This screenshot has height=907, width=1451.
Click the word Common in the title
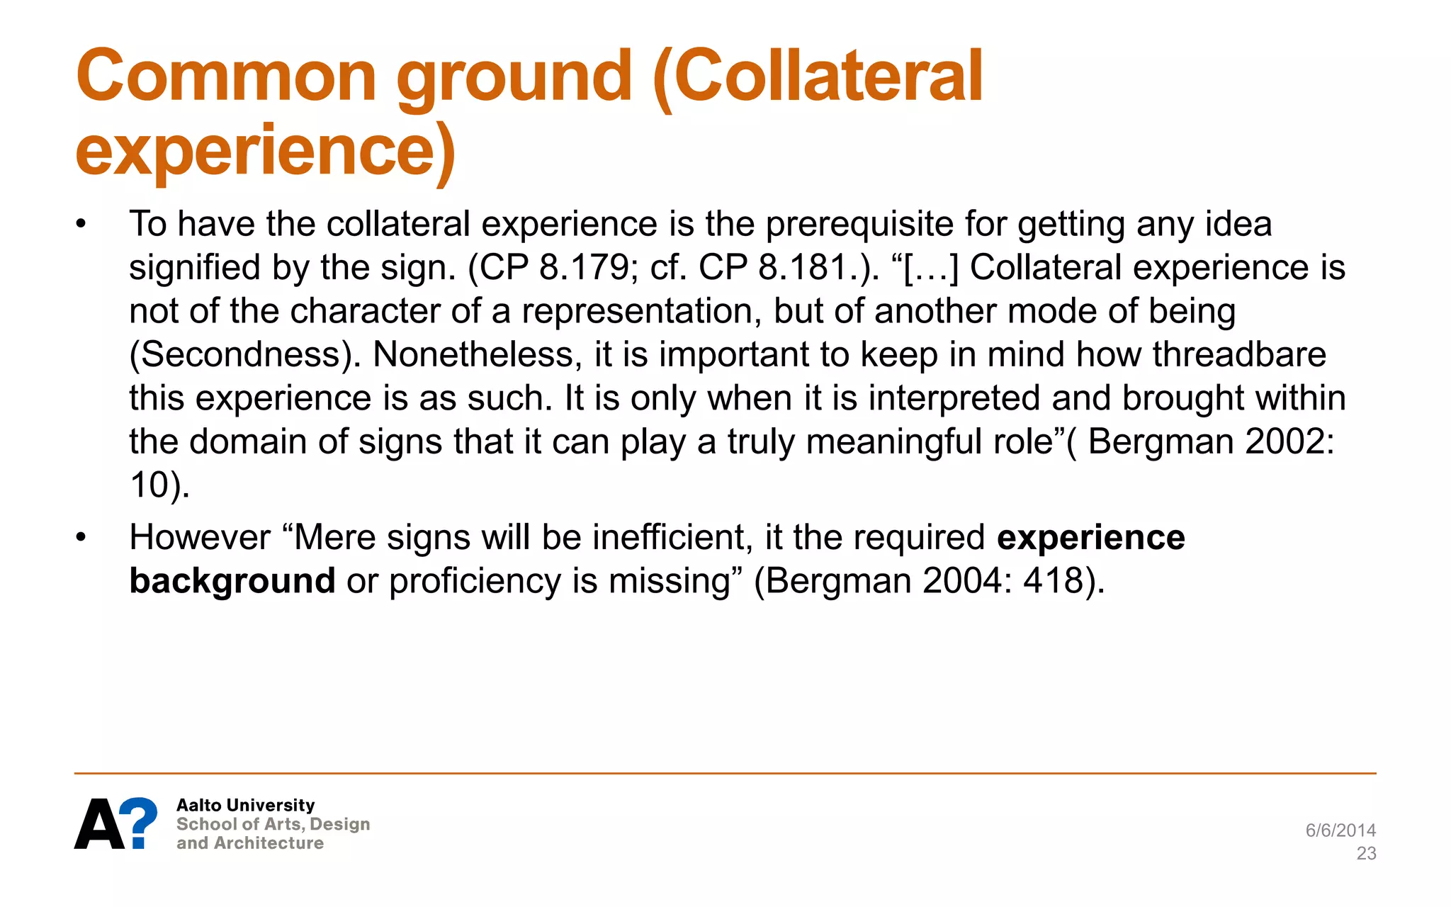[x=226, y=76]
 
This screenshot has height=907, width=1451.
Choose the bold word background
[x=232, y=581]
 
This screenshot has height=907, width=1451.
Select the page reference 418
[x=1054, y=581]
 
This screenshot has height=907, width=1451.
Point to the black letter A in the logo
[x=98, y=825]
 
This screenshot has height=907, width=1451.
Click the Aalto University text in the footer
[x=245, y=806]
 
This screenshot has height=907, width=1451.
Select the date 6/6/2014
[x=1340, y=830]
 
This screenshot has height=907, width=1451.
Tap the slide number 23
[x=1366, y=854]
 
